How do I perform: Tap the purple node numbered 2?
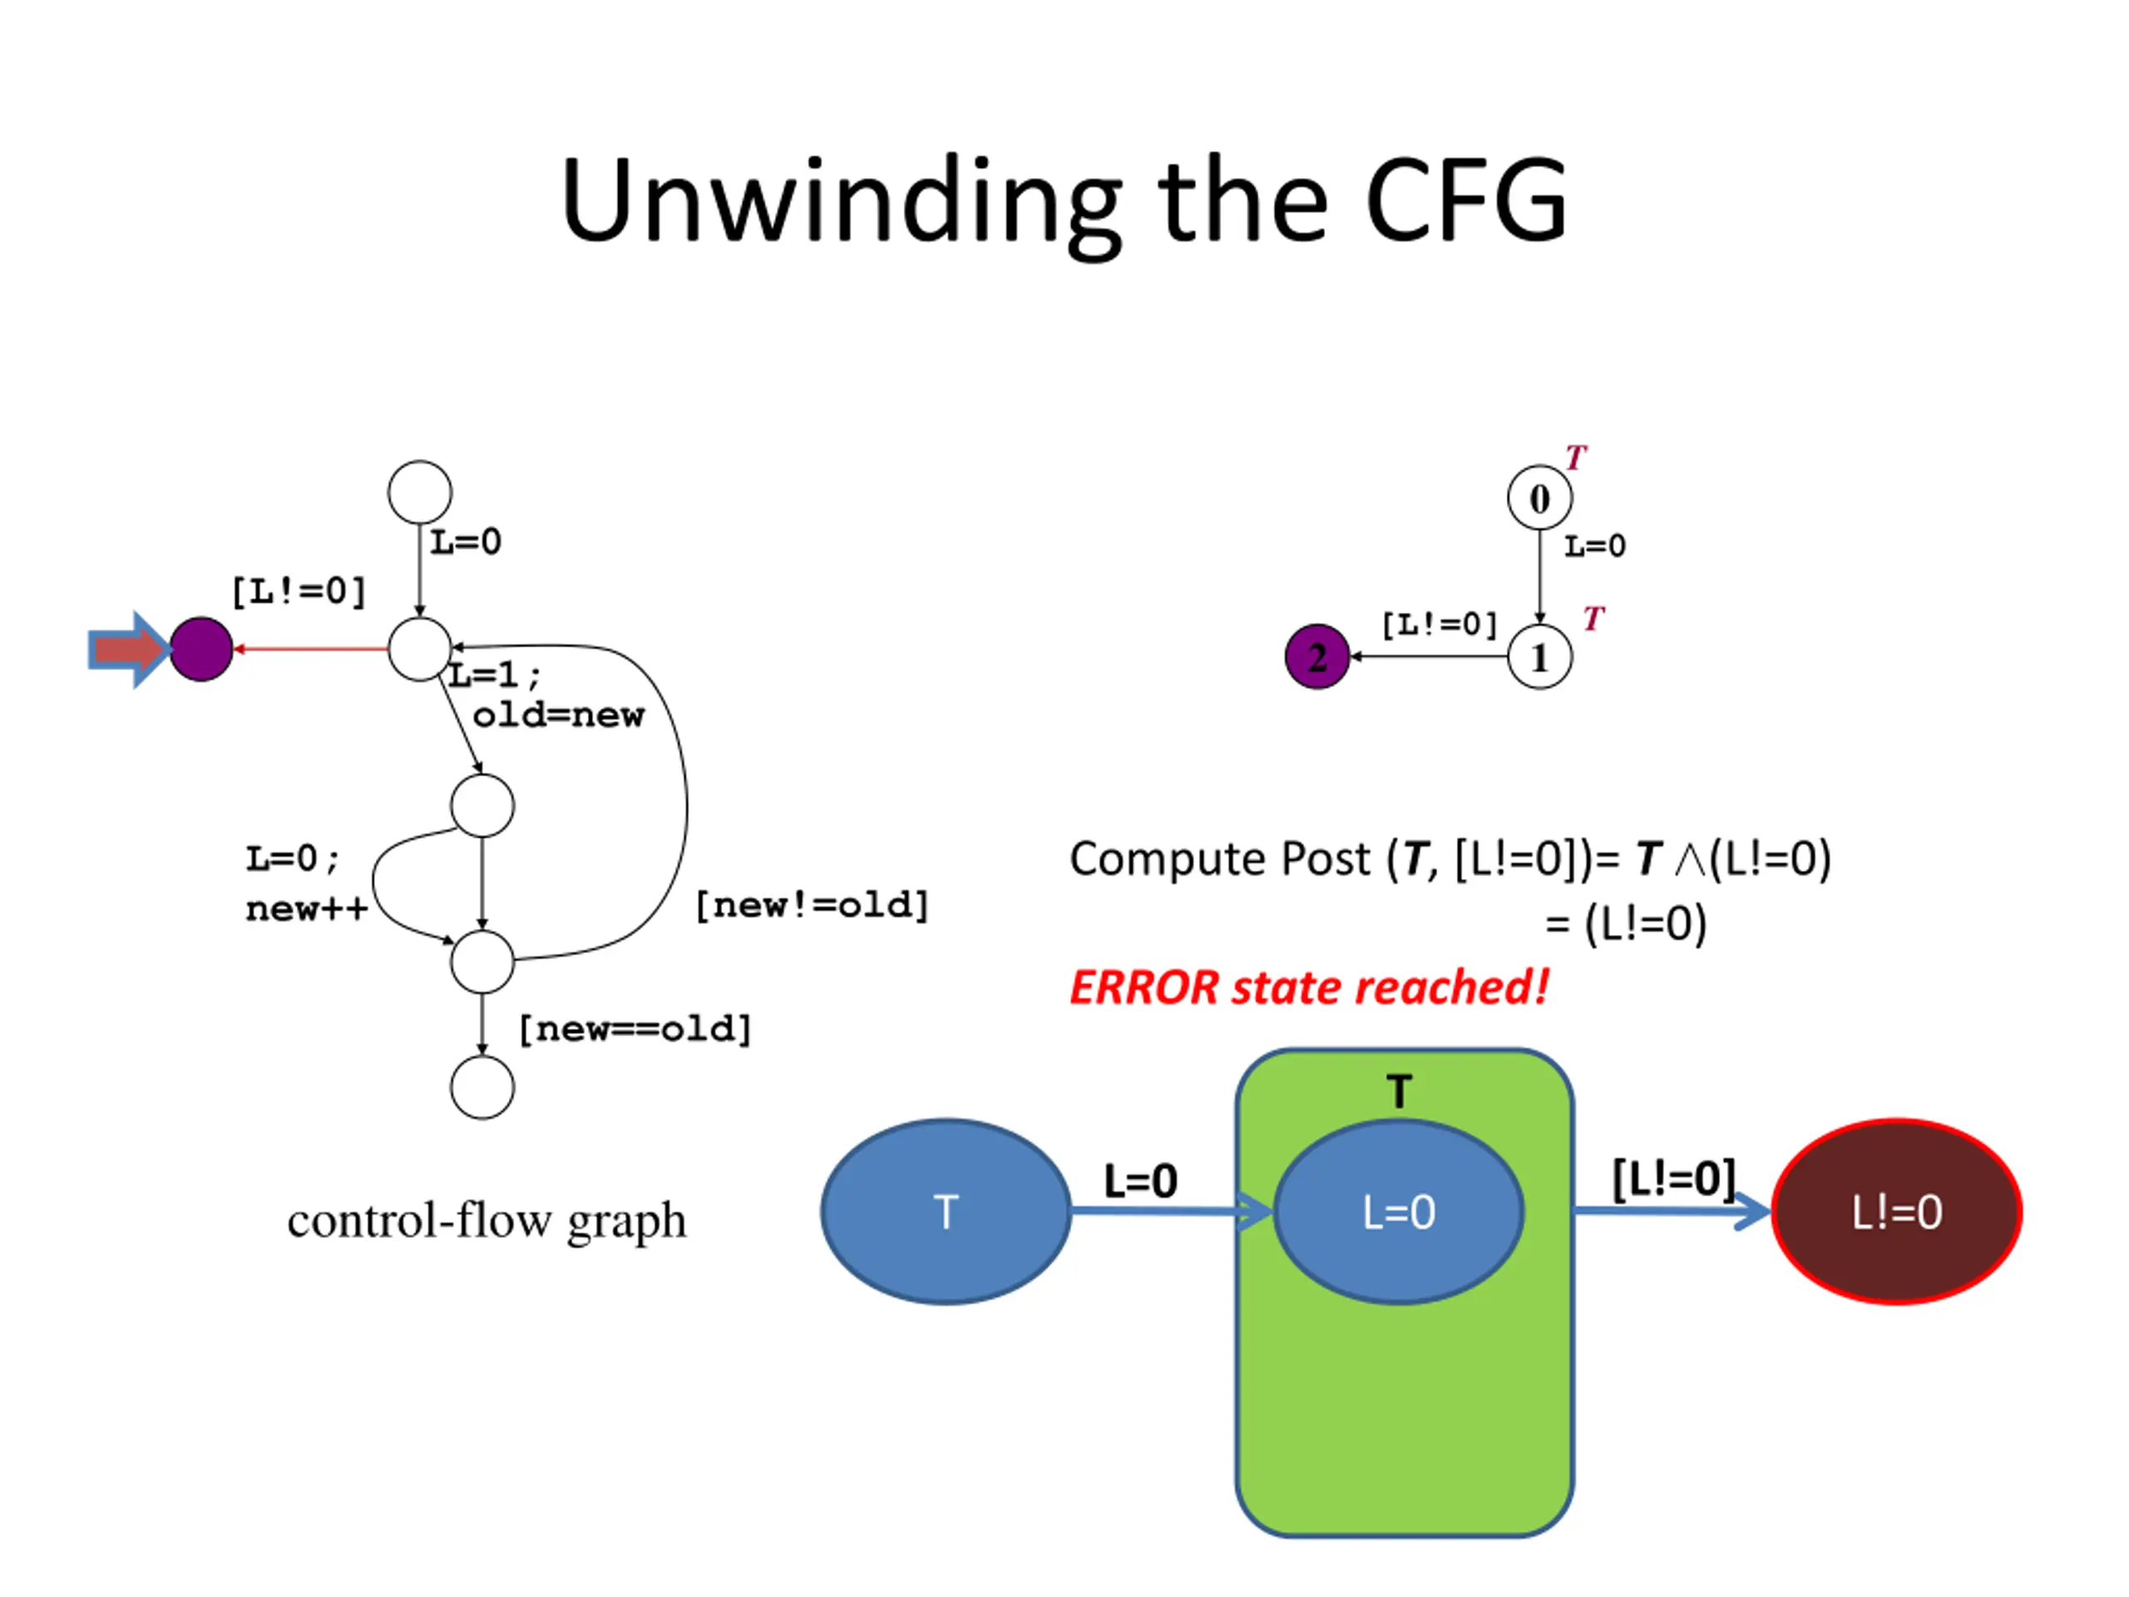[x=1316, y=656]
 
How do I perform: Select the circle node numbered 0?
[x=1539, y=497]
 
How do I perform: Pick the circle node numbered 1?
[x=1539, y=657]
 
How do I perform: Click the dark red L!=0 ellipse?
[x=1896, y=1211]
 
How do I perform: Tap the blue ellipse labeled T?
[x=946, y=1211]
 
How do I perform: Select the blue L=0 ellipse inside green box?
[x=1399, y=1211]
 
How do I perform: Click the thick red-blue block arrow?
[x=129, y=650]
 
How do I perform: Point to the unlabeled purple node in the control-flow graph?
[x=201, y=650]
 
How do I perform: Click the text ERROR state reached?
[x=1309, y=987]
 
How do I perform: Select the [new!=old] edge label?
[x=813, y=905]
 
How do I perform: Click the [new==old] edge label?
[x=635, y=1029]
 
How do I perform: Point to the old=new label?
[x=558, y=715]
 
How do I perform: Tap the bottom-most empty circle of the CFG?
[x=482, y=1087]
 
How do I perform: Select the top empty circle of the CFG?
[x=420, y=492]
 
